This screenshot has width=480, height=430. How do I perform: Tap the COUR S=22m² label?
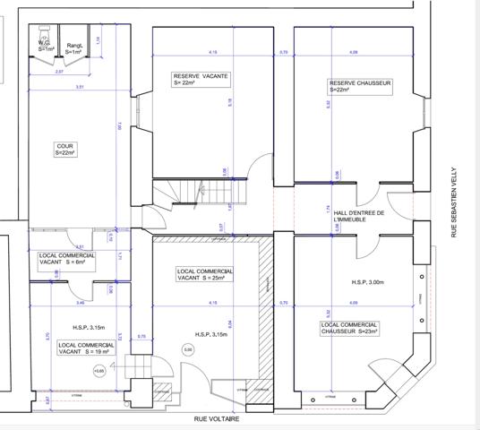tap(66, 149)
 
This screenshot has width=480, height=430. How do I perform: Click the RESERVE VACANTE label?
tap(197, 80)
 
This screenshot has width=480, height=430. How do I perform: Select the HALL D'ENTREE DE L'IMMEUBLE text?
tap(358, 216)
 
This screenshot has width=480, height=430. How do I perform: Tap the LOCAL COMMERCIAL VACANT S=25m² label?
tap(205, 274)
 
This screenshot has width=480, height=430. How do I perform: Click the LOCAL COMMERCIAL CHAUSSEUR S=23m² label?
tap(349, 328)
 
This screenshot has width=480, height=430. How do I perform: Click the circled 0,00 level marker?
tap(188, 349)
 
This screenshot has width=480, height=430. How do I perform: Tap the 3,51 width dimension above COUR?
tap(80, 87)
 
